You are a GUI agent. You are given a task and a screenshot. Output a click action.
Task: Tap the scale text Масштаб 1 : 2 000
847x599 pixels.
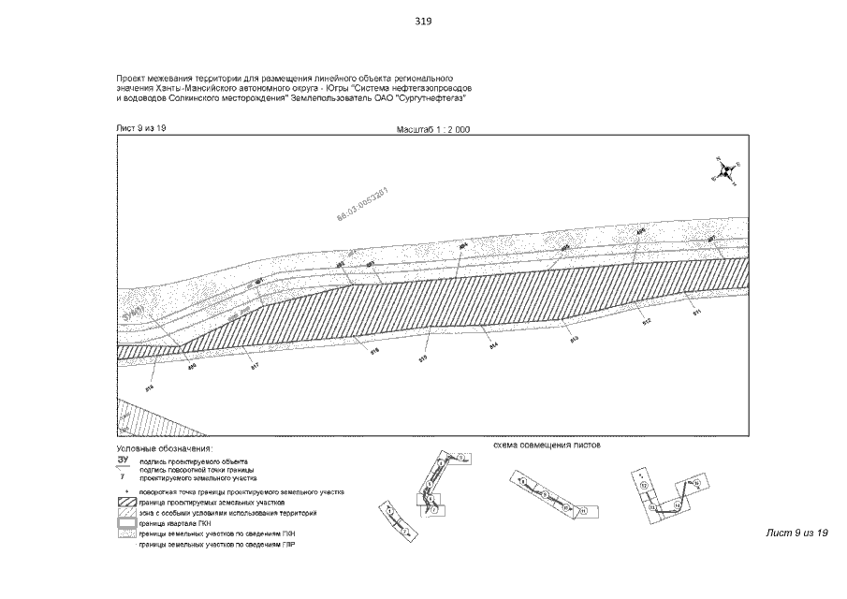click(428, 130)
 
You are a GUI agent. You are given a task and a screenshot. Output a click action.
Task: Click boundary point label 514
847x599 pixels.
click(492, 344)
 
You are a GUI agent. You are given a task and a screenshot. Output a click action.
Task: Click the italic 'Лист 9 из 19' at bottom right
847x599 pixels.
click(797, 533)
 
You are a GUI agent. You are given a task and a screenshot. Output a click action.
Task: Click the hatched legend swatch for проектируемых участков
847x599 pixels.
click(125, 503)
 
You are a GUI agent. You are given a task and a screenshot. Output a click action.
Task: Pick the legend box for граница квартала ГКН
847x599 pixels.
click(125, 525)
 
